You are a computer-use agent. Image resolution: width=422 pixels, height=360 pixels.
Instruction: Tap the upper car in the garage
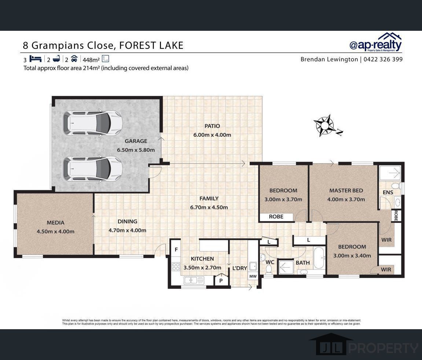[x=92, y=122]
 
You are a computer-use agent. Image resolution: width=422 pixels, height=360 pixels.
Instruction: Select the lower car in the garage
[x=92, y=169]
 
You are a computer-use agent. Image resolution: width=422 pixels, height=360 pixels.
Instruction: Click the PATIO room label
[x=212, y=126]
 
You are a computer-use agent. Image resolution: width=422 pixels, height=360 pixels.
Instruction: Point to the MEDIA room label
[x=55, y=223]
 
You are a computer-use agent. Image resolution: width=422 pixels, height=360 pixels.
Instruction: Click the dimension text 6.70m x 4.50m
[x=209, y=207]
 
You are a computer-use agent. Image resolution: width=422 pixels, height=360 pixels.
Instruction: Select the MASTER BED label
[x=346, y=190]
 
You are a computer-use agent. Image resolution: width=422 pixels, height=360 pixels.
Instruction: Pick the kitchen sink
[x=194, y=280]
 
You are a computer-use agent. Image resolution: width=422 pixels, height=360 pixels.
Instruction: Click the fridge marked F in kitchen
[x=176, y=250]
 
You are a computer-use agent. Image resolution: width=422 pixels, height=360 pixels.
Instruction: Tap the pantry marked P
[x=221, y=280]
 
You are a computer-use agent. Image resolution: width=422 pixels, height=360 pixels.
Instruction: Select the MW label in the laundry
[x=253, y=276]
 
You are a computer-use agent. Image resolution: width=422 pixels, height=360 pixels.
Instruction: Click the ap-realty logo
[x=375, y=43]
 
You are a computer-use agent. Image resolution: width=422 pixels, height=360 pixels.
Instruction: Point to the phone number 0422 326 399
[x=383, y=59]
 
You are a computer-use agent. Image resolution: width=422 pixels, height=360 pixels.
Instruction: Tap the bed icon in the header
[x=35, y=59]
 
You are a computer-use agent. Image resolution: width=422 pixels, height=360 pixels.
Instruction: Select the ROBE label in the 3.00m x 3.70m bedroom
[x=276, y=217]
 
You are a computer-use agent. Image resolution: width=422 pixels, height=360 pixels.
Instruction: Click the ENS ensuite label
[x=388, y=192]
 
